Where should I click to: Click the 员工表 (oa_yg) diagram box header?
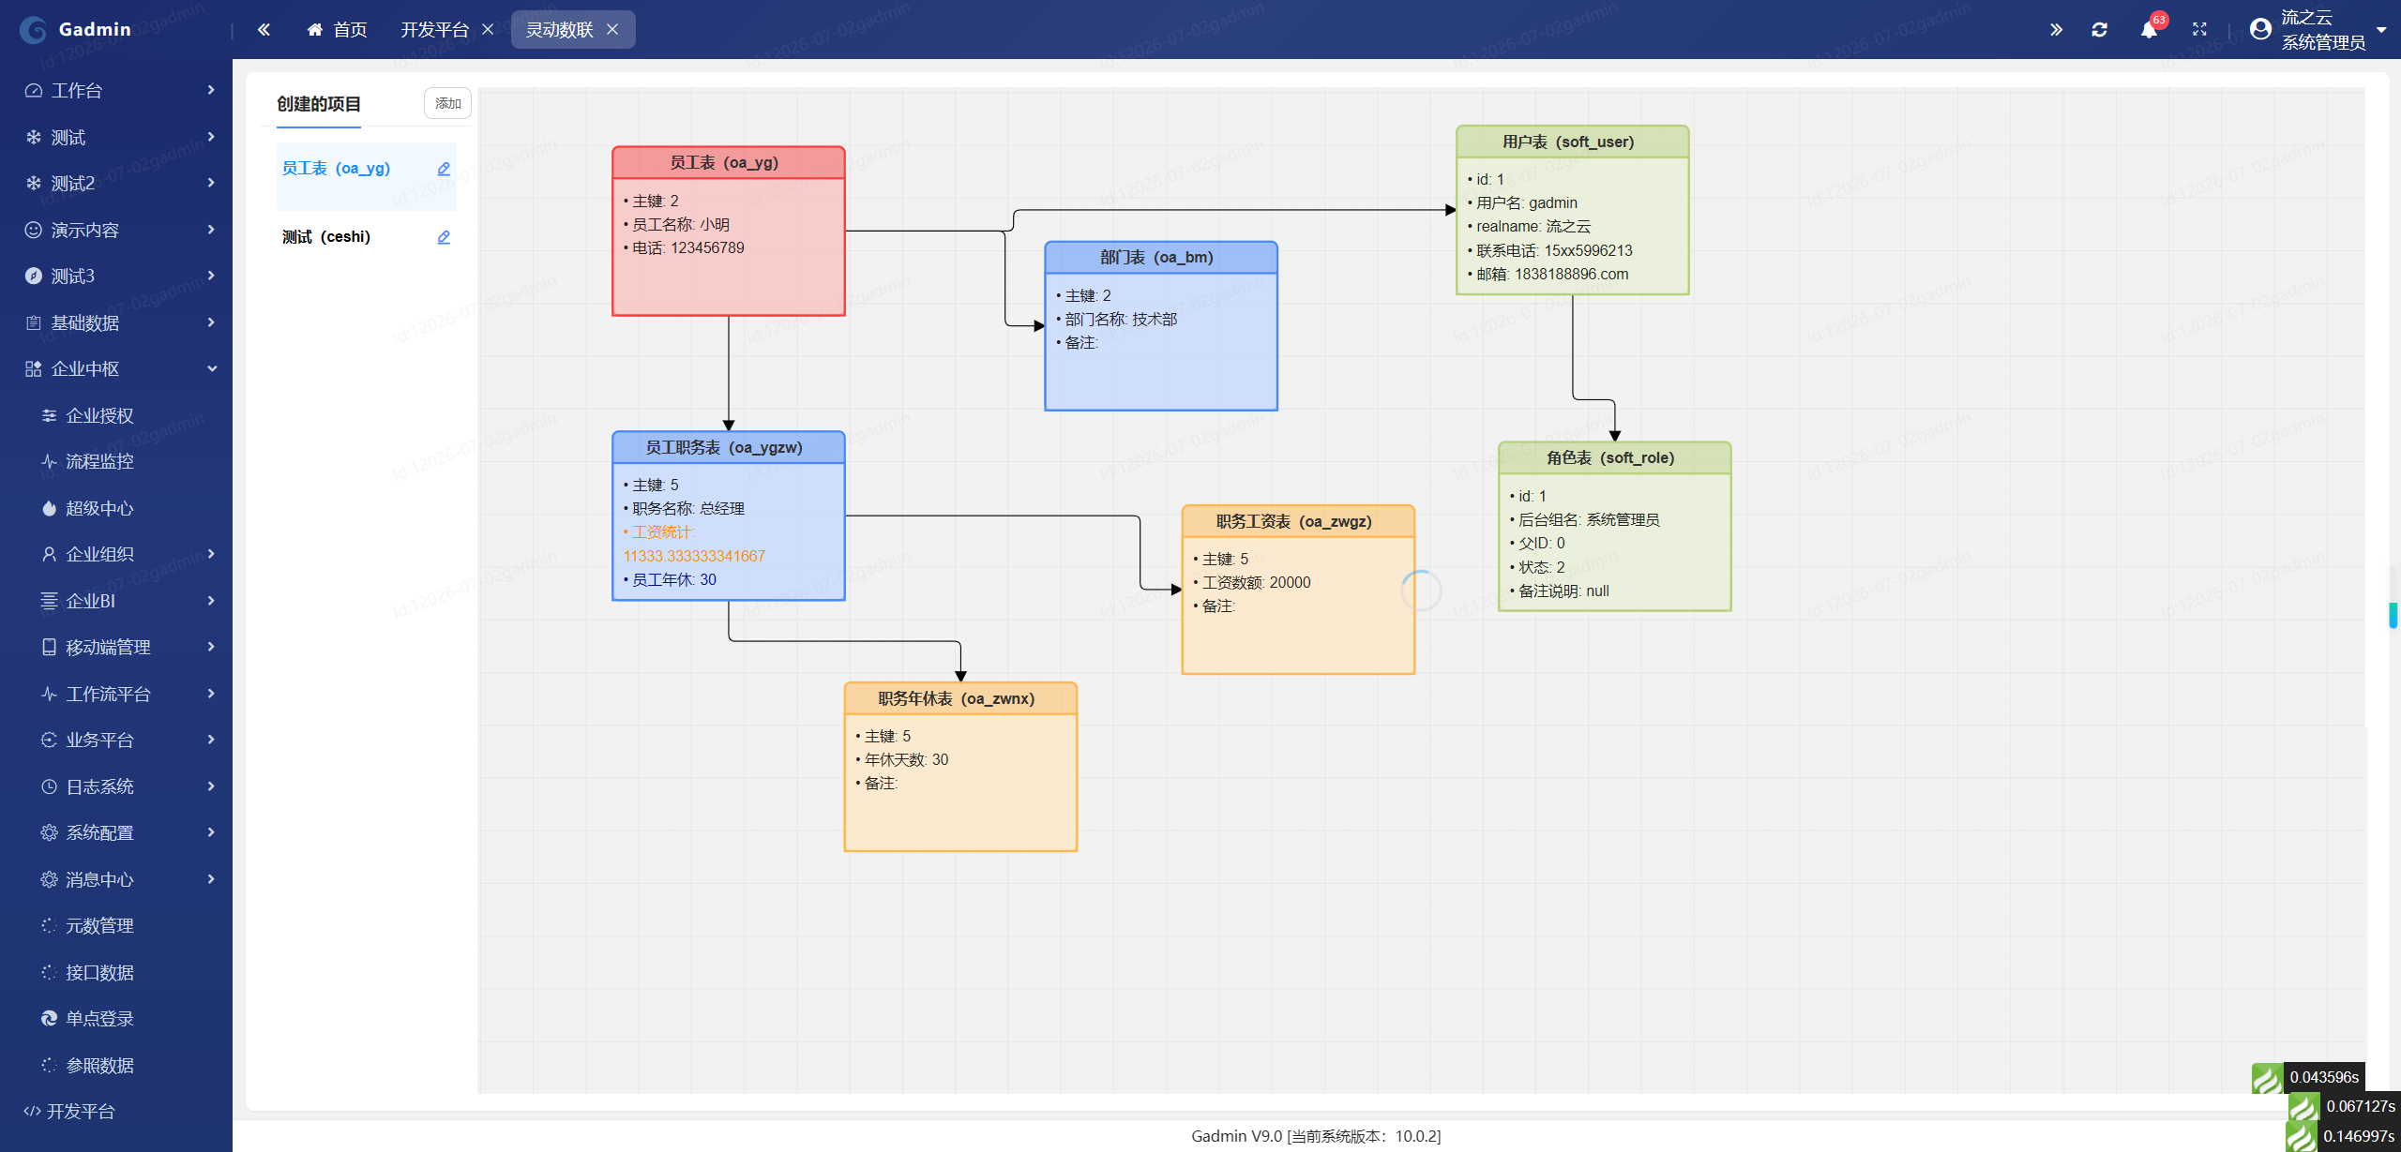(x=728, y=162)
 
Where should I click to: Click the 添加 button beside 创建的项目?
(x=447, y=103)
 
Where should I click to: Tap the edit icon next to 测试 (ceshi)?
(x=444, y=237)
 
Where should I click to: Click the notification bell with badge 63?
(x=2149, y=29)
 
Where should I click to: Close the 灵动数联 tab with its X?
(x=612, y=29)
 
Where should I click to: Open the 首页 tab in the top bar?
(x=338, y=29)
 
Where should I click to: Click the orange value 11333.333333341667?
(x=694, y=556)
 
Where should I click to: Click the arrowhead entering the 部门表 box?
(x=1039, y=326)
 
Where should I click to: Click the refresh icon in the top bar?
(x=2099, y=29)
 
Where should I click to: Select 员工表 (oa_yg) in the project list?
(x=336, y=168)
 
